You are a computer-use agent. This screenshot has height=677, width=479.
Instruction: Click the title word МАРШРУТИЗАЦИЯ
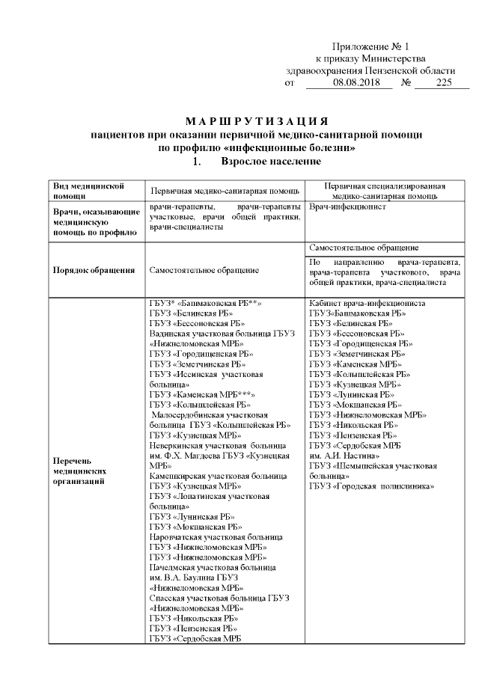click(256, 121)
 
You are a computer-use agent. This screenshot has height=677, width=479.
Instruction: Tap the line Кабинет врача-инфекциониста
click(367, 304)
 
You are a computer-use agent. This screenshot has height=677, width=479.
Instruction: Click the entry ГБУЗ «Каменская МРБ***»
click(203, 394)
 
